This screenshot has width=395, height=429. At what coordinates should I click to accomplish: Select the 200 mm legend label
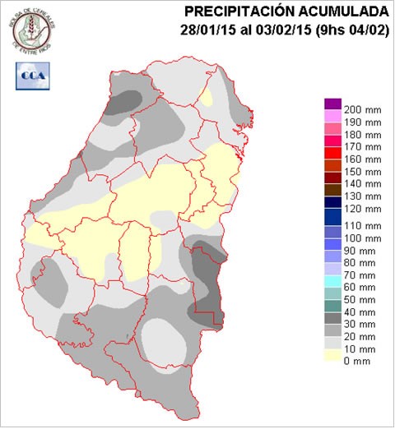click(x=362, y=110)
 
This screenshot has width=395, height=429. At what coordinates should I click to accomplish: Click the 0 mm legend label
click(x=357, y=362)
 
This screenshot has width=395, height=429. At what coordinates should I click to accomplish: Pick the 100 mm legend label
click(x=362, y=238)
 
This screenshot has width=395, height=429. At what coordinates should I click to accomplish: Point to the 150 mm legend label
click(x=362, y=172)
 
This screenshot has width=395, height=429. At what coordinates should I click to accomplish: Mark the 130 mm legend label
click(x=362, y=196)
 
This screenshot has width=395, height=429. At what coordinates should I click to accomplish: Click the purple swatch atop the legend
click(x=332, y=104)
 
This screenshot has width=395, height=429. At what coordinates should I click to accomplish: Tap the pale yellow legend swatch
click(x=332, y=355)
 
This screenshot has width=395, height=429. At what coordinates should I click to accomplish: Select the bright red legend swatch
click(x=332, y=153)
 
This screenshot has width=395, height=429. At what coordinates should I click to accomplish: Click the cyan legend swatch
click(x=332, y=281)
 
